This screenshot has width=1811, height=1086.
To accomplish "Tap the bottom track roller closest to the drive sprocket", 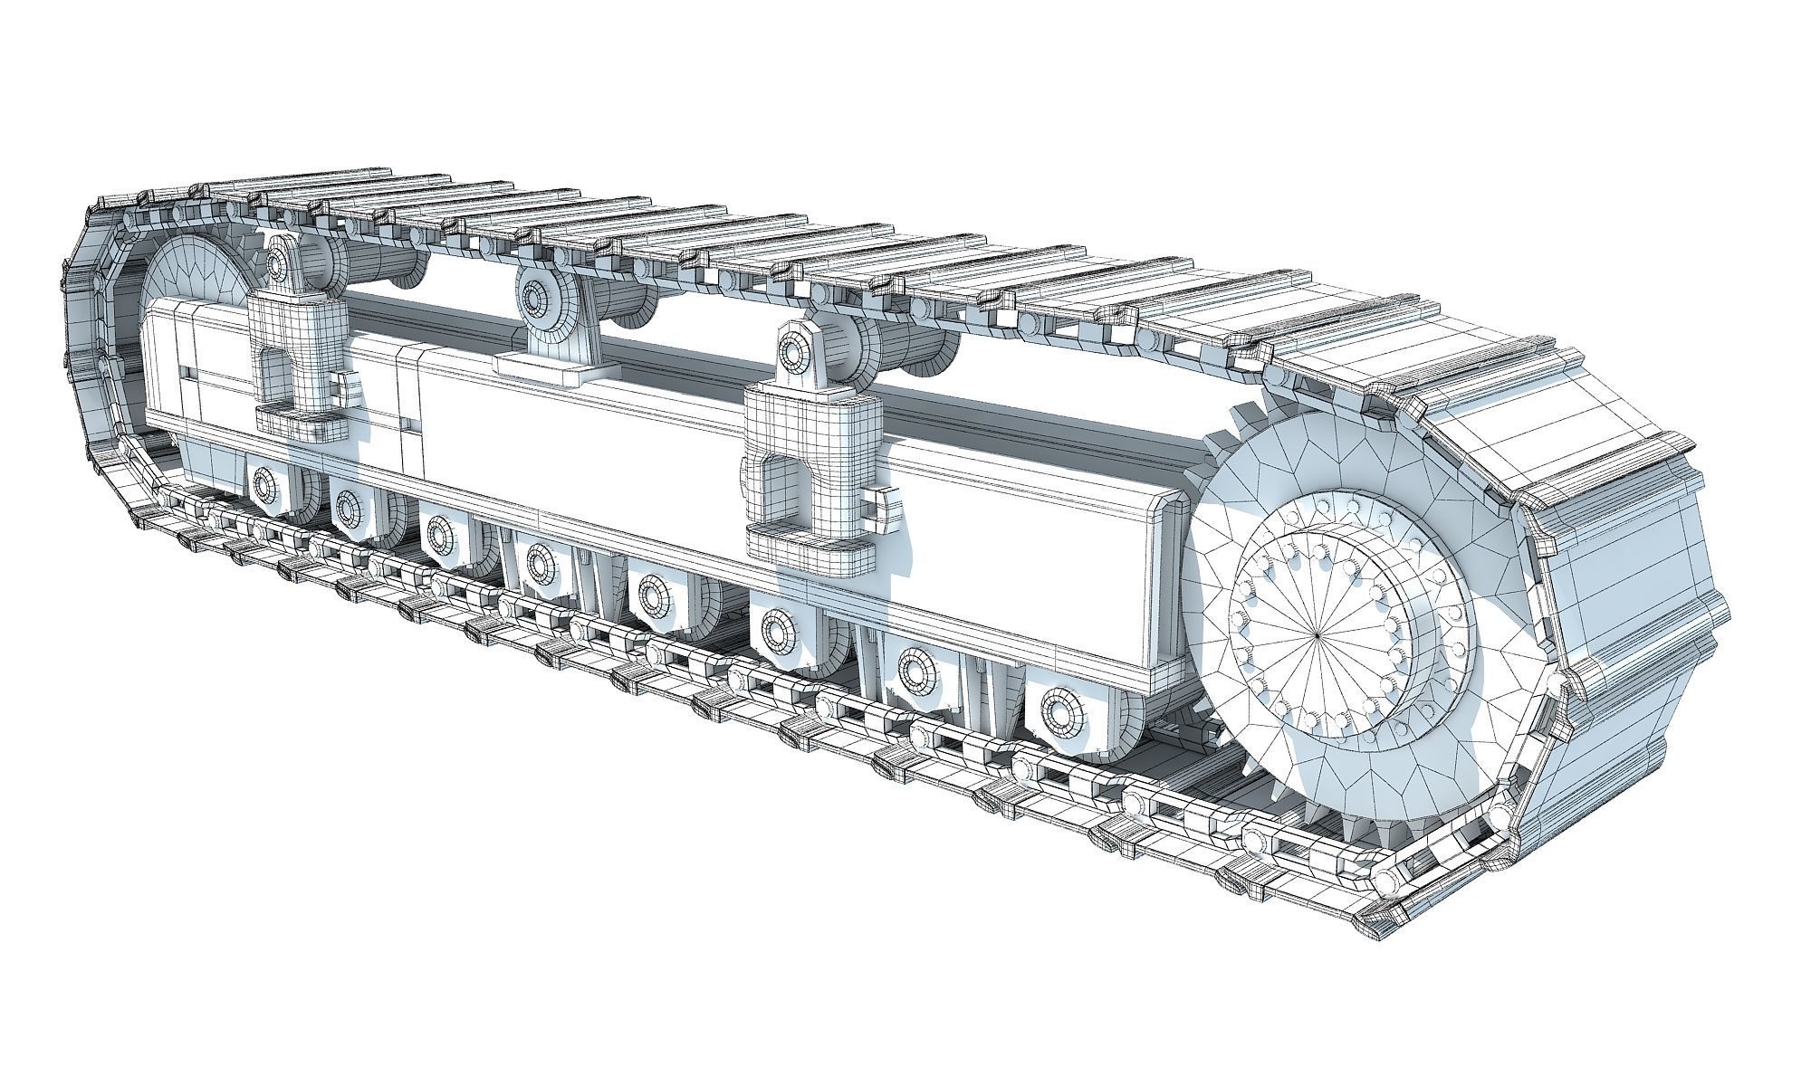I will (x=1061, y=712).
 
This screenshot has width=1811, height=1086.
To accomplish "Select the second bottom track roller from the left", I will (x=348, y=507).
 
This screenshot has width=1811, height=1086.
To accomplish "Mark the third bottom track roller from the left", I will (x=440, y=534).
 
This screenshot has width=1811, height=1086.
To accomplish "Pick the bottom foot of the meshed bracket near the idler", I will (x=299, y=421).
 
